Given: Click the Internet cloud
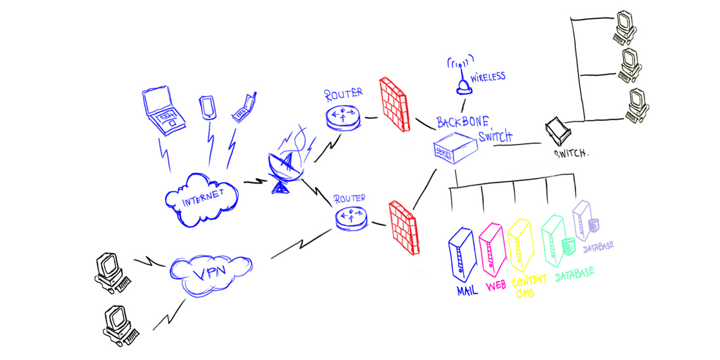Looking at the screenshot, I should coord(202,199).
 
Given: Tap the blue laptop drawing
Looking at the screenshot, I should coord(164,110).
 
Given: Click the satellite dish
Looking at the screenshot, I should coord(287,168).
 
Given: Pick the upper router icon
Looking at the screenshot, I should coord(344,115).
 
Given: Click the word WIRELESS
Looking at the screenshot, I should coord(488,77).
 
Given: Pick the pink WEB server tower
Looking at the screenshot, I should coord(491,249).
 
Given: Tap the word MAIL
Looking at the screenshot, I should coord(467,292).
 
